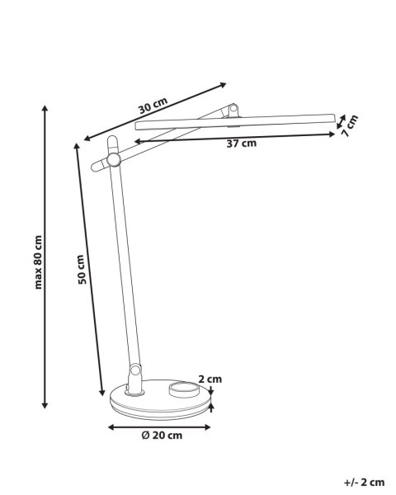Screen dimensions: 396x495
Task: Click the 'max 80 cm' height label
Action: point(38,262)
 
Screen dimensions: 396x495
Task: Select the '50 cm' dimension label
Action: point(82,269)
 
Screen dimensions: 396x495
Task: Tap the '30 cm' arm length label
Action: point(153,106)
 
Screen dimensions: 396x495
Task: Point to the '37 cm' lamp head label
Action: point(242,144)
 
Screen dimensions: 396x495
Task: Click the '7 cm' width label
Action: point(349,125)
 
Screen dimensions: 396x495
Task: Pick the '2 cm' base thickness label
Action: point(210,379)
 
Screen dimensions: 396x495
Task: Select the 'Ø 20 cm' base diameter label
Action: point(162,436)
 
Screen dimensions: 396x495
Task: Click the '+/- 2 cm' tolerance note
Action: point(364,483)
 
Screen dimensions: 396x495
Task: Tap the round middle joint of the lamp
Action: point(113,159)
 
